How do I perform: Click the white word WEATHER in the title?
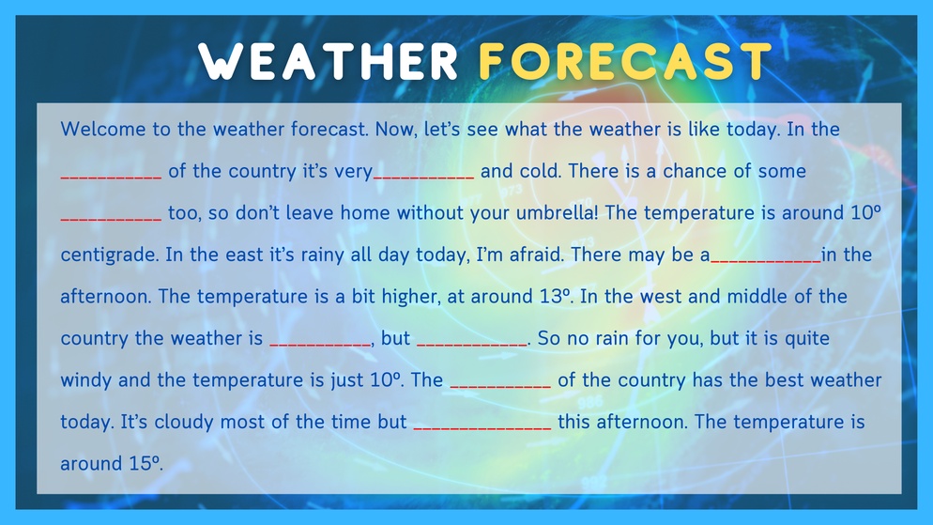coord(328,61)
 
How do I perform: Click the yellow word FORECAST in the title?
coord(625,61)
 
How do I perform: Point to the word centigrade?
coord(109,255)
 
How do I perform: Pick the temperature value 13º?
coord(555,297)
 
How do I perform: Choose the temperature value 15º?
coord(144,463)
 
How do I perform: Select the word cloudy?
coord(184,422)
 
